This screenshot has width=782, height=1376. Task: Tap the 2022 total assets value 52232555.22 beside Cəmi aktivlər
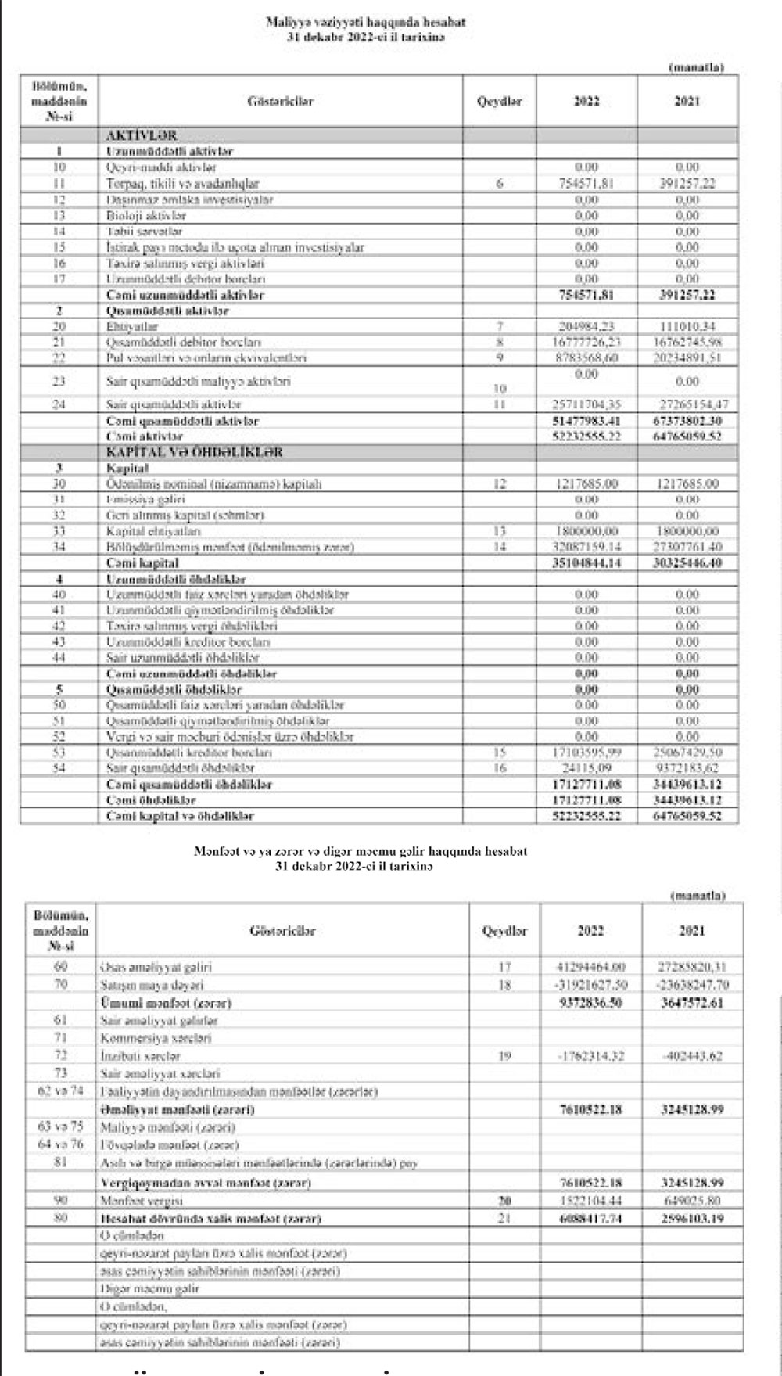[x=586, y=437]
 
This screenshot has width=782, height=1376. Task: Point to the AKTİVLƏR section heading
[x=142, y=135]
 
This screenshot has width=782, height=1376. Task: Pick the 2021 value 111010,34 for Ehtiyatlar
[x=687, y=326]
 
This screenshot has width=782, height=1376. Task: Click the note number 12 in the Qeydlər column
[x=500, y=484]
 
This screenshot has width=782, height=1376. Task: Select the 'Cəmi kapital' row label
[x=142, y=563]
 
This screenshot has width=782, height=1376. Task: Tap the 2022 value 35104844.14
[x=586, y=563]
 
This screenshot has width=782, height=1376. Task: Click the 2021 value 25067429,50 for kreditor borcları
[x=687, y=753]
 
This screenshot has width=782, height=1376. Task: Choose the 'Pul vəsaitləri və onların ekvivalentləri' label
[x=206, y=357]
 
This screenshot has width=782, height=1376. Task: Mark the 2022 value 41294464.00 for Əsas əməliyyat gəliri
[x=590, y=967]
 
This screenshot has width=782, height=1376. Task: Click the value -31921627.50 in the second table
[x=590, y=985]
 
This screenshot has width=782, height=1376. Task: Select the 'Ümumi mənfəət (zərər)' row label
[x=166, y=1003]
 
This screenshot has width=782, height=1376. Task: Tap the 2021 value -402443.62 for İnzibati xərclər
[x=691, y=1056]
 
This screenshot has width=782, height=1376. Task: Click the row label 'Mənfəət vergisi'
[x=142, y=1200]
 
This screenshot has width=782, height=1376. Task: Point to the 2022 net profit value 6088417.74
[x=590, y=1219]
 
